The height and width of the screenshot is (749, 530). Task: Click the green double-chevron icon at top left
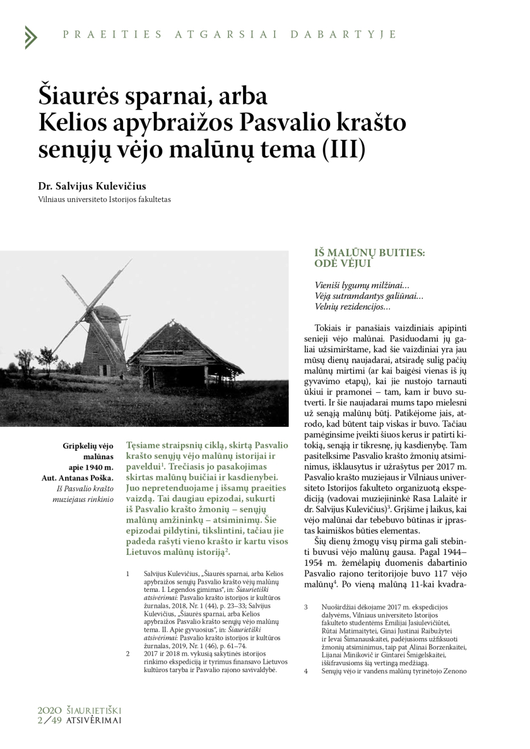(31, 36)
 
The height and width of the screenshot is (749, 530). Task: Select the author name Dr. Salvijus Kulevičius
(92, 186)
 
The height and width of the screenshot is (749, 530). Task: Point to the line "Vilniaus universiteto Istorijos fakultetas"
(104, 200)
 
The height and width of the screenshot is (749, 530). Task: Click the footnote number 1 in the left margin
(129, 573)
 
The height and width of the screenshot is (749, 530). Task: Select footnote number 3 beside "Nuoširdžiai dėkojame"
(306, 607)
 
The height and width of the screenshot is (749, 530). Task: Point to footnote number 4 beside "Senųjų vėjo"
(306, 671)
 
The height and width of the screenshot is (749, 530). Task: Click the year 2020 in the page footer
(49, 711)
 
